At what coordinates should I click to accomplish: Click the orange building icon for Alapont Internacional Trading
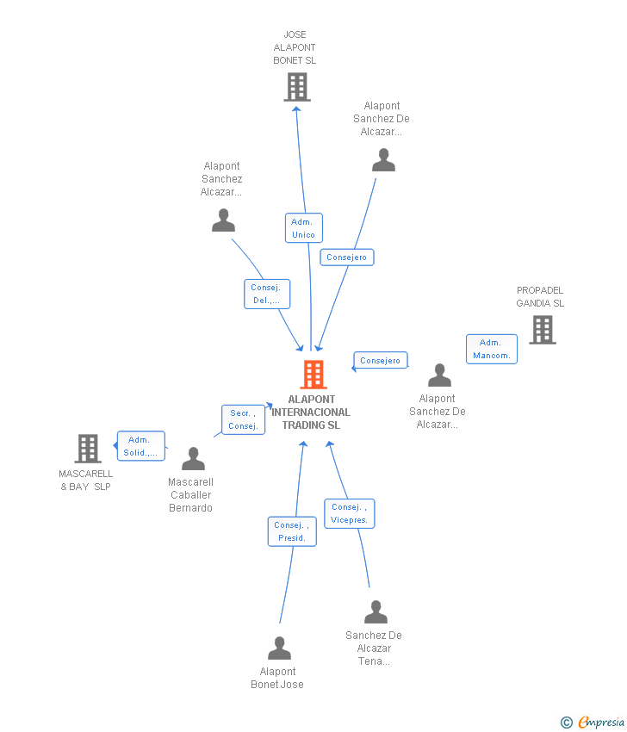(x=313, y=375)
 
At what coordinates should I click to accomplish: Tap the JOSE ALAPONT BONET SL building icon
(x=296, y=87)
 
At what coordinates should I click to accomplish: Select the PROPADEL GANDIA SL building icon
(x=542, y=330)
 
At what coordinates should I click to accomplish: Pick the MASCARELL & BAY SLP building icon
(x=88, y=449)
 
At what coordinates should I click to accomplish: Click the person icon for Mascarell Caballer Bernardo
(x=193, y=459)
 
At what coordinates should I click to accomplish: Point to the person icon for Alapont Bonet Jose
(x=279, y=648)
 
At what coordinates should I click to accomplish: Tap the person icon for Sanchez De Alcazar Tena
(x=376, y=612)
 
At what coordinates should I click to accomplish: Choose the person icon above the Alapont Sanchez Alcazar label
(x=223, y=220)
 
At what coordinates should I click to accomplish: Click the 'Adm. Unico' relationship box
(x=303, y=228)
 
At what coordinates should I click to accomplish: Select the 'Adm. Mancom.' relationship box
(x=492, y=349)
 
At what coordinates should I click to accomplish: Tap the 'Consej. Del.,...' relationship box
(x=266, y=294)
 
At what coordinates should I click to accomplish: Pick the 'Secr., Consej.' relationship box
(x=243, y=419)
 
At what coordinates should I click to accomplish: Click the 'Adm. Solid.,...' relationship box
(x=140, y=446)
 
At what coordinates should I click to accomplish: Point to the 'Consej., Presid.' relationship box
(x=292, y=531)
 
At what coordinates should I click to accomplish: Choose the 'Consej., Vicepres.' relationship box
(x=349, y=513)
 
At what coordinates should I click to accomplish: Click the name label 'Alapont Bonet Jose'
(x=277, y=678)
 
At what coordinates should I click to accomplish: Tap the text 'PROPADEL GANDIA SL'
(x=540, y=297)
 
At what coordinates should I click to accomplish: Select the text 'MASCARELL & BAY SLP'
(x=85, y=481)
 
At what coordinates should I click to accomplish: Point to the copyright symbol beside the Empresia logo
(x=566, y=723)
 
